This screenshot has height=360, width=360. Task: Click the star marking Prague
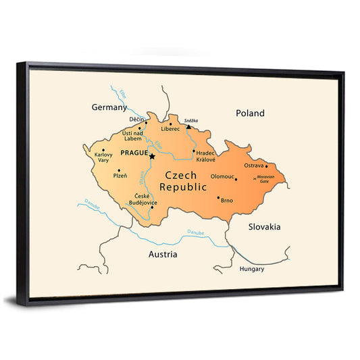(x=152, y=157)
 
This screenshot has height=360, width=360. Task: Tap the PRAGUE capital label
(x=132, y=154)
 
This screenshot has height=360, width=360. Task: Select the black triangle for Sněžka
(x=189, y=126)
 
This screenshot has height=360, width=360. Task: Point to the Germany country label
(x=109, y=107)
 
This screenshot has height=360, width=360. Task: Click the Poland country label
(x=250, y=113)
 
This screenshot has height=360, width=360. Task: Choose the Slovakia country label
(x=264, y=227)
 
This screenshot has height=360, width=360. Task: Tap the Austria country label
(x=163, y=255)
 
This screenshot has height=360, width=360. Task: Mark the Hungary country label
(x=252, y=269)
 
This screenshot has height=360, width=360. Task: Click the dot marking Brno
(x=218, y=198)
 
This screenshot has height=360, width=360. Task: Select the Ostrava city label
(x=254, y=165)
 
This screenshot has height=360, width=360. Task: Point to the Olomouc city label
(x=222, y=176)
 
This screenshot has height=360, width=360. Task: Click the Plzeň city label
(x=120, y=176)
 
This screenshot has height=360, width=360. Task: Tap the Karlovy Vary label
(x=103, y=158)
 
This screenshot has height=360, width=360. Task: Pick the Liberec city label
(x=170, y=128)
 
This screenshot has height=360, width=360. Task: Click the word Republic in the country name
(x=183, y=187)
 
